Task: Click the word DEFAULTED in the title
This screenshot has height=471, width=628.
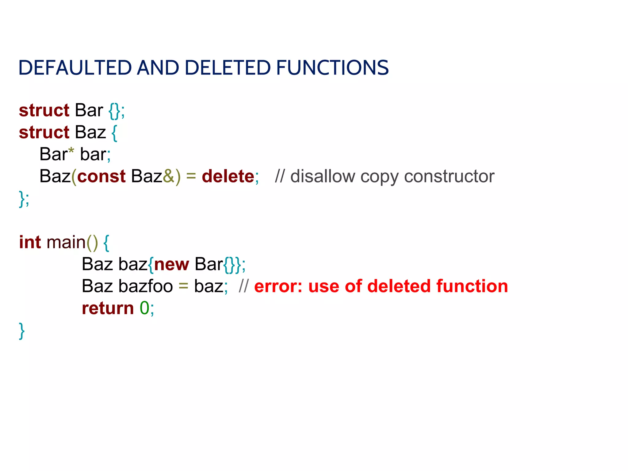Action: tap(75, 68)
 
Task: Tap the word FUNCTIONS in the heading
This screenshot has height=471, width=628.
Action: tap(332, 68)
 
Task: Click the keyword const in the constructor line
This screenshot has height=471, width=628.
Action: tap(101, 176)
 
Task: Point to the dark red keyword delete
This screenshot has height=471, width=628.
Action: tap(228, 176)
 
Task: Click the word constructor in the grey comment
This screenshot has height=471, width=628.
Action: tap(449, 177)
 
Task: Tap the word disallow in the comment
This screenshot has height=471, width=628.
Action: tap(323, 176)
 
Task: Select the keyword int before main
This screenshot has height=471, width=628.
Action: tap(30, 242)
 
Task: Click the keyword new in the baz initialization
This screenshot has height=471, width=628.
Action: tap(171, 264)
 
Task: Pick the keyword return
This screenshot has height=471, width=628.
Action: tap(108, 308)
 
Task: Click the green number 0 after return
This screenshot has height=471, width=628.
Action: tap(144, 308)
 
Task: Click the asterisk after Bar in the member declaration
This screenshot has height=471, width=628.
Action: tap(71, 151)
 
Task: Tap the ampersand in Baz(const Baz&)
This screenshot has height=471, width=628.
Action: tap(168, 176)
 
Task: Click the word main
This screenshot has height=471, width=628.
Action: tap(66, 242)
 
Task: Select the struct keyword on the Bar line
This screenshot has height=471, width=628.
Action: tap(44, 110)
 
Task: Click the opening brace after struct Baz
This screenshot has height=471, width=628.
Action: tap(114, 133)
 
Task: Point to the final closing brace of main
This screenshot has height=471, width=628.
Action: tap(22, 331)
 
